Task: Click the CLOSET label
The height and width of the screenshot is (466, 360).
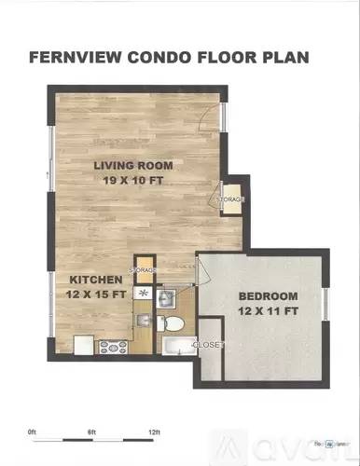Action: (x=207, y=344)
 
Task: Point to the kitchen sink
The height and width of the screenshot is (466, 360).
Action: (x=144, y=293)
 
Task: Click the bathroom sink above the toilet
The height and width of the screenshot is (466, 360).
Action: (x=167, y=299)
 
